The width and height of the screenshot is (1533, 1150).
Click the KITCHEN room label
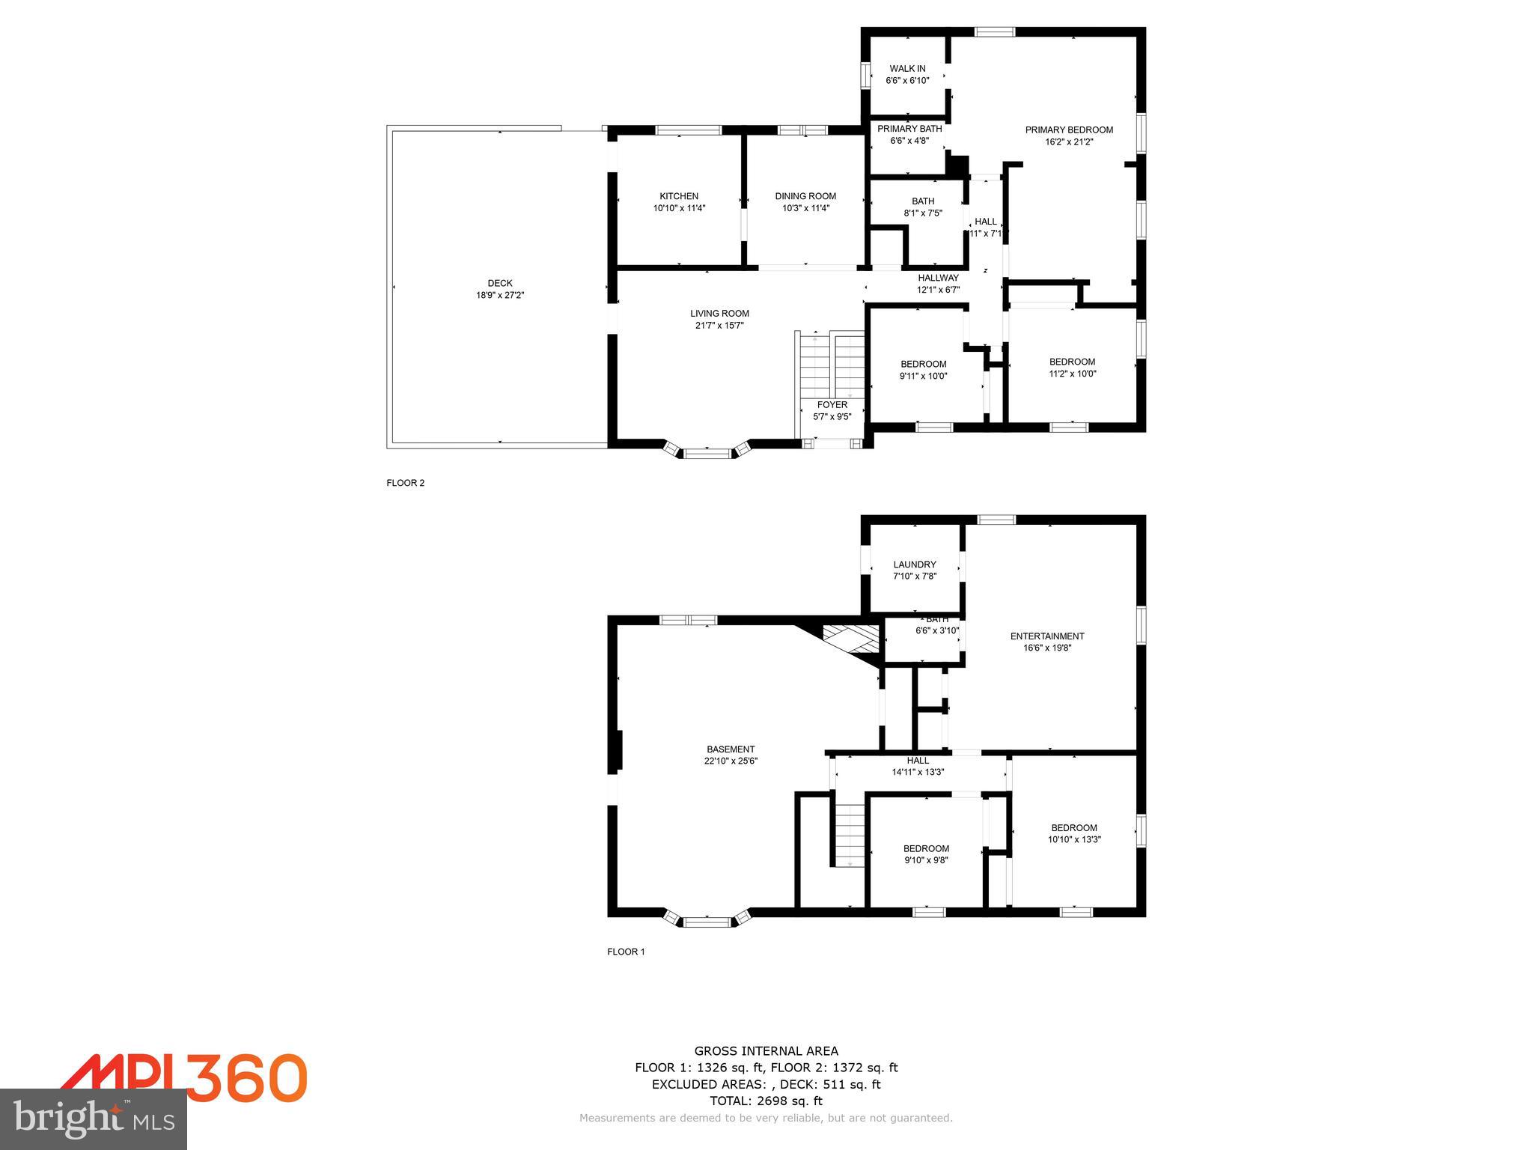point(679,196)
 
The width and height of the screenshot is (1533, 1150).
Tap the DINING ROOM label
point(805,196)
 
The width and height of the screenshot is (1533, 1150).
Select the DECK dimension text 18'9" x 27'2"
point(500,296)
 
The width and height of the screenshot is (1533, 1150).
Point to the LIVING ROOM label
point(719,314)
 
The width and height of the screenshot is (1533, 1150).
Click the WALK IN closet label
point(907,69)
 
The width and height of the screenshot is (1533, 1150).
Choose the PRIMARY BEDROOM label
point(1069,130)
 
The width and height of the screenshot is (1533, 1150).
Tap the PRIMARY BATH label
point(909,129)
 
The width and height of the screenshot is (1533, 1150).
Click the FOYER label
point(832,405)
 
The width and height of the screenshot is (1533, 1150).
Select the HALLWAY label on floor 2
point(938,278)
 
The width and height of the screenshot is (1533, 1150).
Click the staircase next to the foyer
point(831,367)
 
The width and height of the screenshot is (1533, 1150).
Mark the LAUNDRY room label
point(914,565)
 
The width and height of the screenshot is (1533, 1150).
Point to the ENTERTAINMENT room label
point(1047,636)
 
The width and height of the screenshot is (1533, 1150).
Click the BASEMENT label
point(731,749)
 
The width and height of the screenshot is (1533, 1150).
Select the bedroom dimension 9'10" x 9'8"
point(926,861)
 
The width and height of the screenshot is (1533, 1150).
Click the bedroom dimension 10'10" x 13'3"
point(1074,840)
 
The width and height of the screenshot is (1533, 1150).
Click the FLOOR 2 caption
point(405,483)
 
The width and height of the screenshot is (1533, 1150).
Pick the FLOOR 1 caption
point(626,952)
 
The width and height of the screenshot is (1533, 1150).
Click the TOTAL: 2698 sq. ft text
point(766,1101)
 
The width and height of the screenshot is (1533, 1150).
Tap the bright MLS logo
point(94,1119)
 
